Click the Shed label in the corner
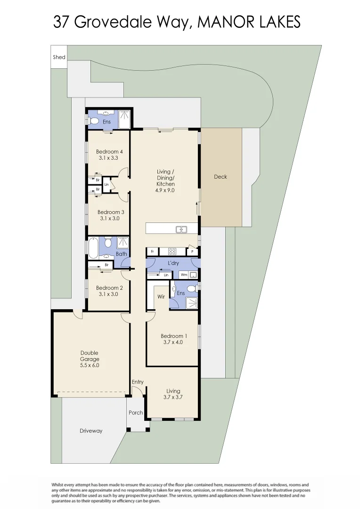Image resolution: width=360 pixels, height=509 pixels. coord(59,57)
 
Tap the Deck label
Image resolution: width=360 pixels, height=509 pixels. coord(220,177)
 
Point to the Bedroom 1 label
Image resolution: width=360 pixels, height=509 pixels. coord(174,336)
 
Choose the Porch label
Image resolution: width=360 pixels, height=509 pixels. coord(136,413)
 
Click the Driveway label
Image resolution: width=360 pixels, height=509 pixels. coord(90,431)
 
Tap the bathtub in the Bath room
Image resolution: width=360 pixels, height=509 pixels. coord(93,248)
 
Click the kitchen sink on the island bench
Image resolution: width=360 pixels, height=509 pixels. coord(181,230)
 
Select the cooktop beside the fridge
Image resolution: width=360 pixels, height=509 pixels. coord(172,252)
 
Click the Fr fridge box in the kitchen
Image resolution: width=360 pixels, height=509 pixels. coord(152,252)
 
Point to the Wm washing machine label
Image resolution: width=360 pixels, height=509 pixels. coord(184,275)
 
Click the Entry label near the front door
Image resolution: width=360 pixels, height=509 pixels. coord(138,382)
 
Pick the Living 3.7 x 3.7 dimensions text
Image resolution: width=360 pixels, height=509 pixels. coord(173,397)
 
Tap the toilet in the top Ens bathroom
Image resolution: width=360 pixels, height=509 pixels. coord(94,121)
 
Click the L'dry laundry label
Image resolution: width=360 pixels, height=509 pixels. coord(172,263)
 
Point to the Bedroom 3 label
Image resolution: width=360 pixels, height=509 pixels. coord(109,212)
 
